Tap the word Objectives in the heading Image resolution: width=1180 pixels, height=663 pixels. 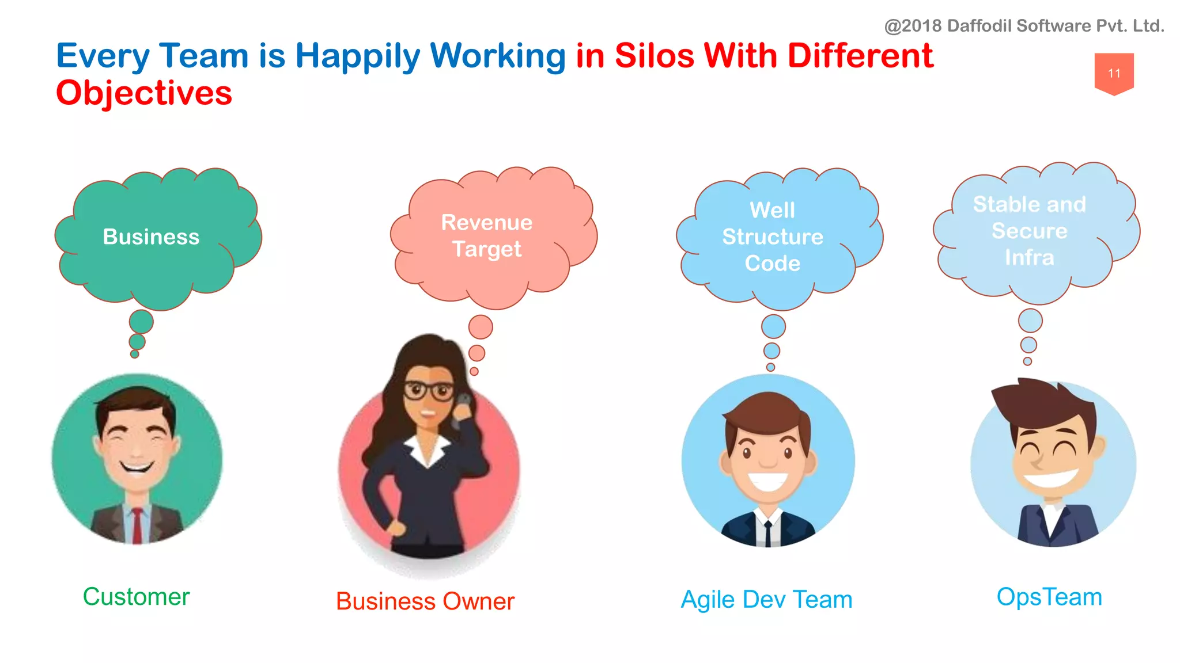click(144, 93)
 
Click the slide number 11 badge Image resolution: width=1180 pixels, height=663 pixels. click(1114, 73)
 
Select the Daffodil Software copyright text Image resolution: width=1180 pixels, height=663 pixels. click(1024, 26)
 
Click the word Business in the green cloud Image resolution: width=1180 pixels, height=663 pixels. click(151, 237)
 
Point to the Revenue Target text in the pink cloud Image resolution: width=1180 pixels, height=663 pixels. click(487, 235)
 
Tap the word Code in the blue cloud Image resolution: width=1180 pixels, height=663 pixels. click(772, 263)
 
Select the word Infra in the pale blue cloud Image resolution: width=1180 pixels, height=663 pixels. click(1029, 257)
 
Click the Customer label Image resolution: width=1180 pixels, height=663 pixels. click(136, 596)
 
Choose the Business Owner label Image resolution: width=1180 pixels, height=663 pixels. click(425, 601)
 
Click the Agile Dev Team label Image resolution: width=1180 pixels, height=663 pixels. click(766, 599)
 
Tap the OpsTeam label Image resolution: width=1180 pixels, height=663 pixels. click(1049, 596)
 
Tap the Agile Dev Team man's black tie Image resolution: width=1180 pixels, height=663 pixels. click(768, 533)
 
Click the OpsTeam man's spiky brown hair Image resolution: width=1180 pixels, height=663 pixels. click(1037, 403)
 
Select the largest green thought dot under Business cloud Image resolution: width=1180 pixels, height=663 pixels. click(141, 322)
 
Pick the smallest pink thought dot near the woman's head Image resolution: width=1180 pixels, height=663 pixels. click(474, 371)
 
